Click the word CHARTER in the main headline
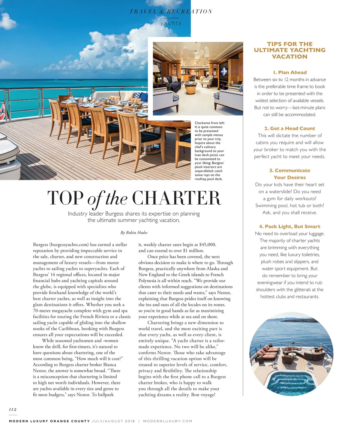click(x=176, y=198)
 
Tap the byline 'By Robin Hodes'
click(x=134, y=232)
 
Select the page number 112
click(x=13, y=409)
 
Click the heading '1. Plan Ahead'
click(x=290, y=72)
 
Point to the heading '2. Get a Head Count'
click(x=289, y=128)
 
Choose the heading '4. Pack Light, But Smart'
click(x=289, y=226)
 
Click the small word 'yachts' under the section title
click(x=171, y=23)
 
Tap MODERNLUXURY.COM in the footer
click(x=168, y=421)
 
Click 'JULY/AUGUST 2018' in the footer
click(x=113, y=421)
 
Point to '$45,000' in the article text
click(x=208, y=244)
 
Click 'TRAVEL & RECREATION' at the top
click(x=171, y=12)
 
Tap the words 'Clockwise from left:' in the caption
click(x=209, y=123)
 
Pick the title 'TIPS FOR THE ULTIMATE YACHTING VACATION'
click(x=289, y=50)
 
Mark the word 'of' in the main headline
click(x=94, y=199)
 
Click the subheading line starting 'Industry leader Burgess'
click(x=134, y=214)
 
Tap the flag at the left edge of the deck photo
click(x=3, y=109)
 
